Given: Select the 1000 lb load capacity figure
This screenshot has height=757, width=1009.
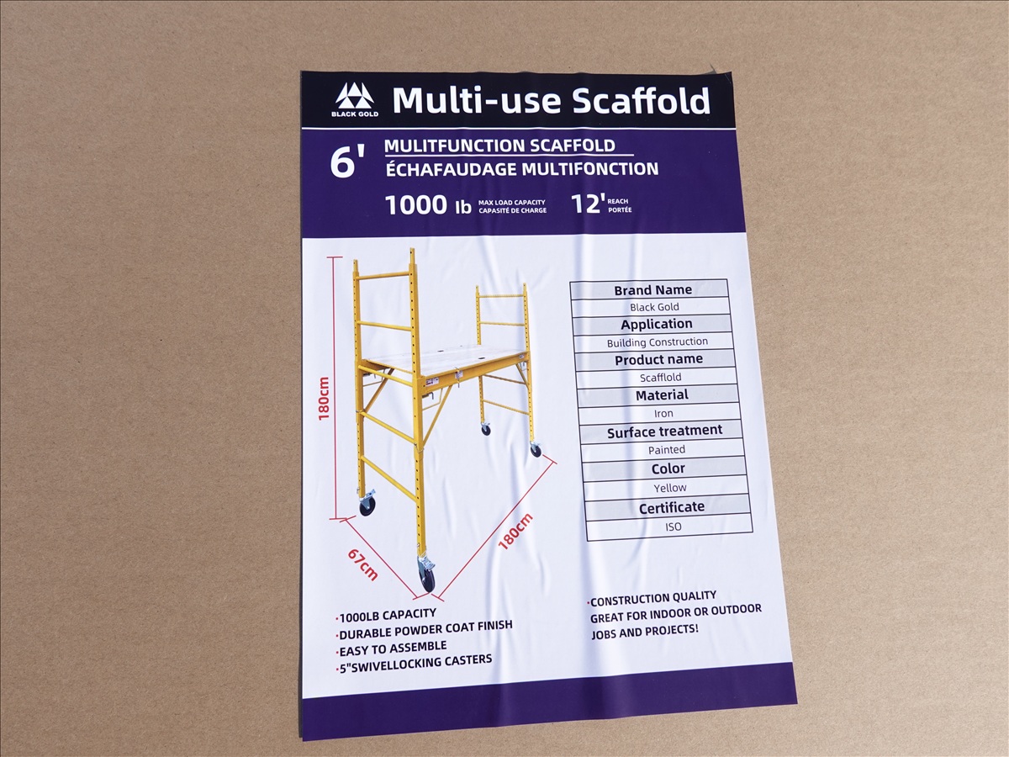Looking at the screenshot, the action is (x=429, y=204).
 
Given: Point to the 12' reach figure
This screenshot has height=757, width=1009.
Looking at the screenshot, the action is (x=586, y=204).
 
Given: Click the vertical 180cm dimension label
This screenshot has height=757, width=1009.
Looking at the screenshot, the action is (x=324, y=398).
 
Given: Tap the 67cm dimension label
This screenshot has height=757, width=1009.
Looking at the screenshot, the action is (x=362, y=564).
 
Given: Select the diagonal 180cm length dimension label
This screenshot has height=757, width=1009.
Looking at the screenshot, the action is (x=515, y=531).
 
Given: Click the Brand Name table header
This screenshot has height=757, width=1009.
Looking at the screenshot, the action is (x=652, y=290).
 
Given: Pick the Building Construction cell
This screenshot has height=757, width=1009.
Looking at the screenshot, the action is (x=658, y=342).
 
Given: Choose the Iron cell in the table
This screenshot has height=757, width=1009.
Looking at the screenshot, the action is (x=663, y=413).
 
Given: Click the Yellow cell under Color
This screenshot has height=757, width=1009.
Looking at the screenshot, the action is (x=670, y=488).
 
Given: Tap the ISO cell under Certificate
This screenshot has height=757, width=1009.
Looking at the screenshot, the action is (x=673, y=527).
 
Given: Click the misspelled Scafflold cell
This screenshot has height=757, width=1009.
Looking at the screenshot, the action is (x=660, y=378).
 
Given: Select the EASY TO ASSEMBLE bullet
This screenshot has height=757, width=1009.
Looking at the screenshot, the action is (x=392, y=648).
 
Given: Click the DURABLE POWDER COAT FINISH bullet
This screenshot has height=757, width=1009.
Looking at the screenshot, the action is (x=425, y=629).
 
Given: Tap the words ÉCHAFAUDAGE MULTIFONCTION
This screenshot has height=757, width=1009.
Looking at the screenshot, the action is (x=522, y=169).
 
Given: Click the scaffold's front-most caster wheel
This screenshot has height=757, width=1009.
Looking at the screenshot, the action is (x=427, y=574).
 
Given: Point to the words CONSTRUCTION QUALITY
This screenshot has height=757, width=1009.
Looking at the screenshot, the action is (x=652, y=598).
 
